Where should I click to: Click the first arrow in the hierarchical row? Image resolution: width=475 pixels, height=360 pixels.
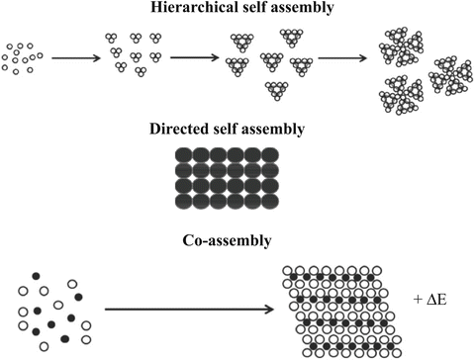point(74,59)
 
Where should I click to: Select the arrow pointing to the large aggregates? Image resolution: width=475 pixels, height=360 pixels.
point(342,57)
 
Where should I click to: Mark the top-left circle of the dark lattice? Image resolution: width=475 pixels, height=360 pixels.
point(183,154)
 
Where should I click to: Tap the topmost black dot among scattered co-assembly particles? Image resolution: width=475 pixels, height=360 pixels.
point(38,275)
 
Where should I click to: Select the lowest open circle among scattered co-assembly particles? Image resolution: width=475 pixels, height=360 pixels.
point(44,345)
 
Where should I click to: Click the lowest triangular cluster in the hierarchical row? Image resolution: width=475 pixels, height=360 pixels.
point(278,91)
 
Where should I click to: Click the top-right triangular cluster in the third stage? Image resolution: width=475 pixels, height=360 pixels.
point(293,39)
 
